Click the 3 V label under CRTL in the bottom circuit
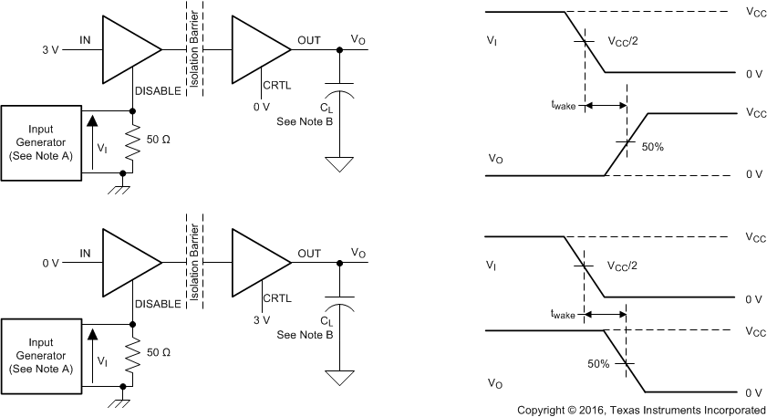[x=263, y=320]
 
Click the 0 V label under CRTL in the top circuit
[x=263, y=107]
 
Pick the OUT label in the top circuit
[x=309, y=41]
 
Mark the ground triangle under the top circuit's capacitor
[x=339, y=165]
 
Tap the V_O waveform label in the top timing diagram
[x=496, y=158]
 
